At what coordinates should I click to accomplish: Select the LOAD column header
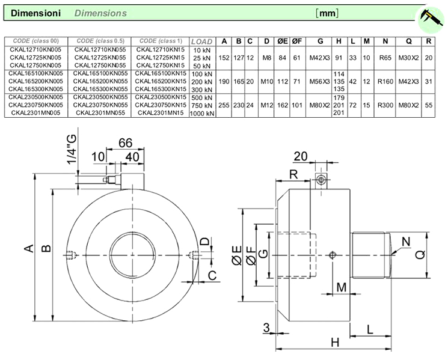[x=201, y=41]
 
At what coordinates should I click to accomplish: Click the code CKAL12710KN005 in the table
[x=36, y=49]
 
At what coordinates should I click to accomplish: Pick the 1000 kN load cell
[x=201, y=112]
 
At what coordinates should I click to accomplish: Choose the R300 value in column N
[x=385, y=105]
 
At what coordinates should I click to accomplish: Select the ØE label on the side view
[x=236, y=257]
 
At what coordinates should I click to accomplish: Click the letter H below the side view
[x=335, y=343]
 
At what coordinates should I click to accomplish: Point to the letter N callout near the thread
[x=406, y=242]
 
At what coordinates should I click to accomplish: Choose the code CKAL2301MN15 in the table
[x=160, y=112]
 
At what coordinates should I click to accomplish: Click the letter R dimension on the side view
[x=293, y=175]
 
